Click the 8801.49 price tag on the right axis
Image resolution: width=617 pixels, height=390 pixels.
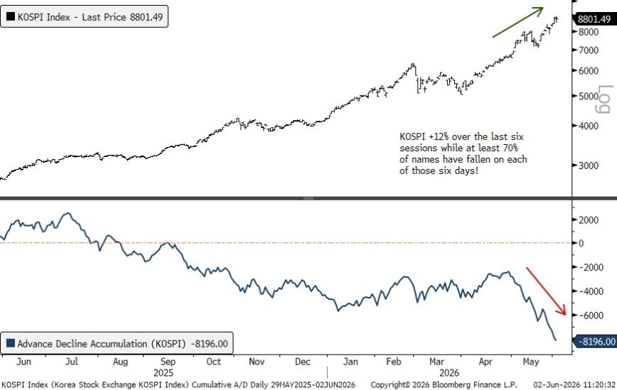click(594, 18)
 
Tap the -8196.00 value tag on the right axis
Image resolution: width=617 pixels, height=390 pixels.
click(596, 341)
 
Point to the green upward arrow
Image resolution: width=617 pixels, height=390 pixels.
click(517, 23)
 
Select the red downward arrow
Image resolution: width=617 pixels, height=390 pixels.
click(546, 291)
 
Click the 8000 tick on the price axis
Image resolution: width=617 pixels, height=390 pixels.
click(589, 31)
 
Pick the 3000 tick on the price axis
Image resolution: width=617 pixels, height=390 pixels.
click(589, 165)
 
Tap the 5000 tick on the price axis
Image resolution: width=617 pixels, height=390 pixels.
click(589, 96)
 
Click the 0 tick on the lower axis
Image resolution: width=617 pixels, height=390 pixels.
click(581, 244)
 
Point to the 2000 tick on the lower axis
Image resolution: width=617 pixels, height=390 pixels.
click(589, 220)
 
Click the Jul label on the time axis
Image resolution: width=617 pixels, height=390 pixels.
click(72, 362)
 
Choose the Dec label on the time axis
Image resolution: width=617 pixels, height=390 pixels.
click(303, 362)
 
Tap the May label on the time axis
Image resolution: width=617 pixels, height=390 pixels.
click(531, 362)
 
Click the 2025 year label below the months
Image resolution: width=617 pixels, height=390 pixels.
click(163, 373)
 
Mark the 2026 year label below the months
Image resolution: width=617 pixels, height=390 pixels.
click(449, 373)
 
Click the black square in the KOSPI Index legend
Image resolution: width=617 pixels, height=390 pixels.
click(11, 16)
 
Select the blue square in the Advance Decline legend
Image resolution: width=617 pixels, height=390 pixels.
click(11, 343)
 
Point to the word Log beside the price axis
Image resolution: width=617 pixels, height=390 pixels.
click(606, 99)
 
